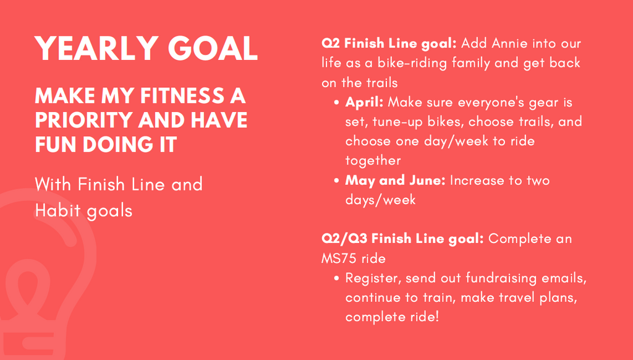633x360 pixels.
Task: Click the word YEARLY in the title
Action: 96,48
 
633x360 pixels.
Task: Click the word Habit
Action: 57,210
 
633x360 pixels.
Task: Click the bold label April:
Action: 364,103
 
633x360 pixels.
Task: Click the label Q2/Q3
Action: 344,239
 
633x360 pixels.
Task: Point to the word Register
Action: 373,278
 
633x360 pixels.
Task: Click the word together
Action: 373,161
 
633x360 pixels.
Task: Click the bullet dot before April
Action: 336,103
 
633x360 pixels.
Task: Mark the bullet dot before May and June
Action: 336,181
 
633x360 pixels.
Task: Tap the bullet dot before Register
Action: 336,278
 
